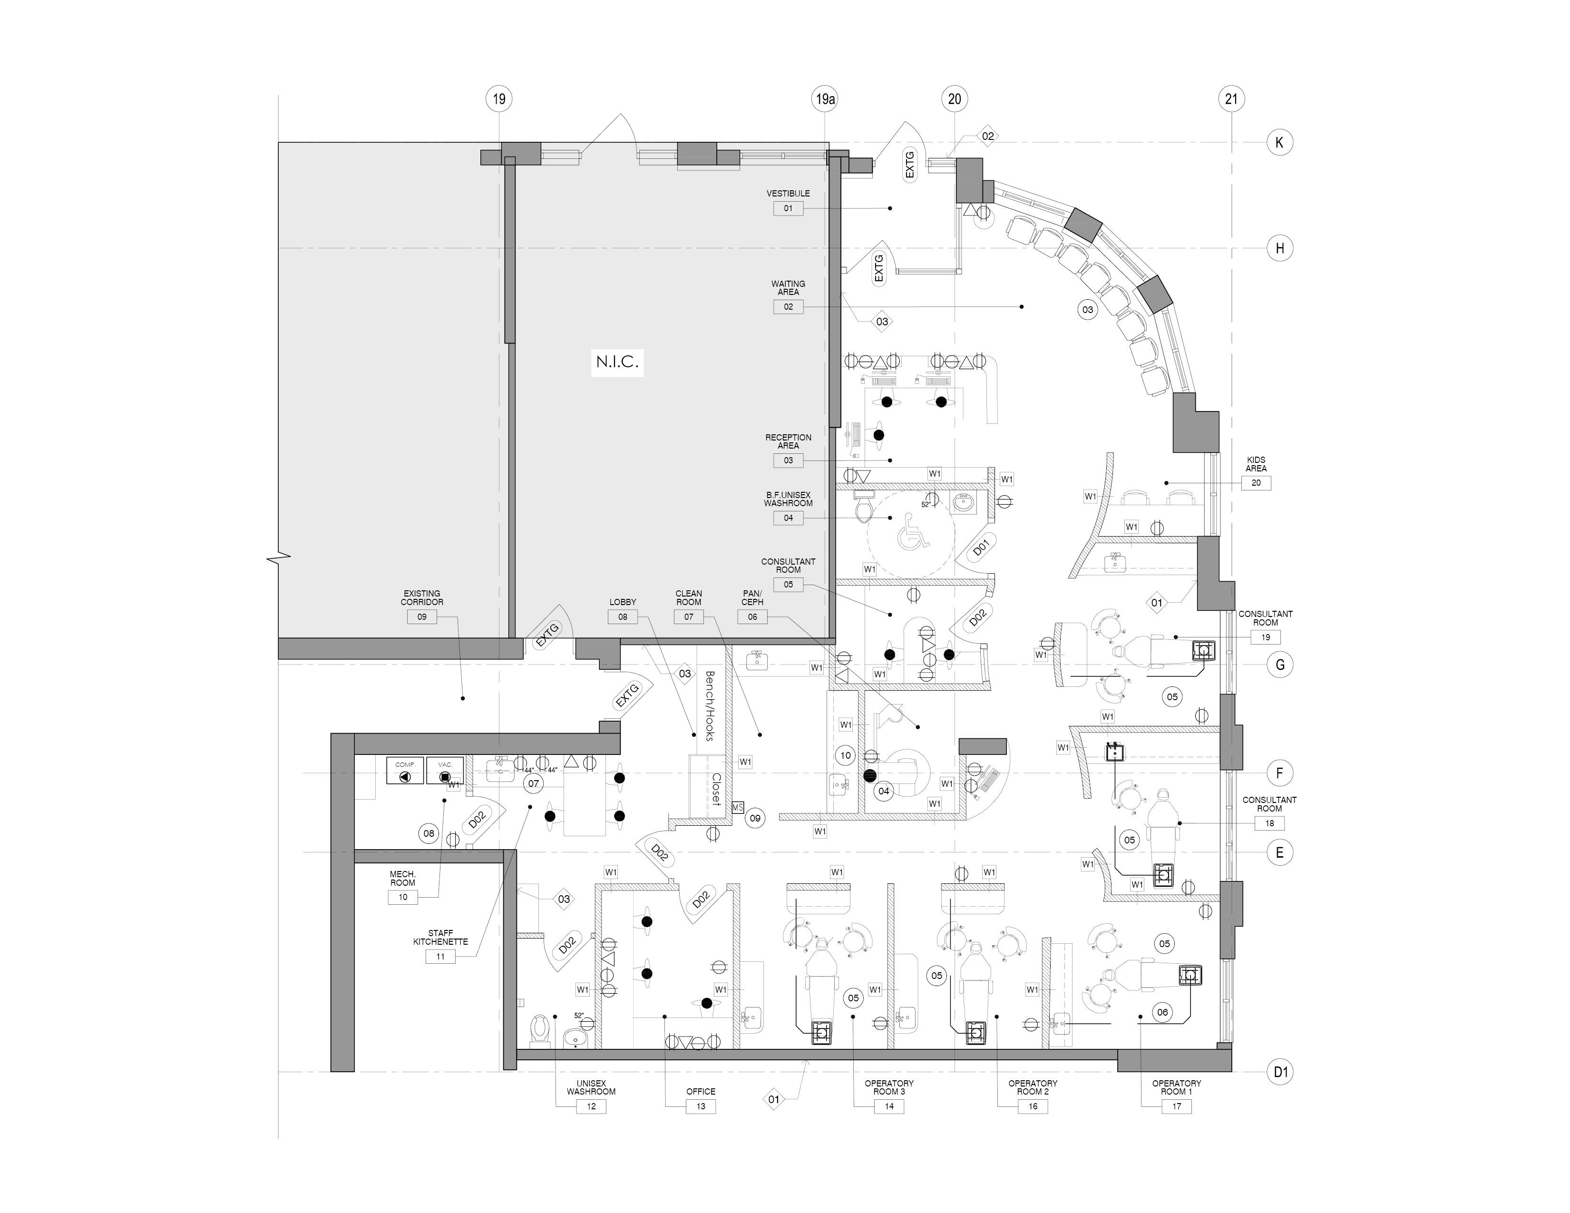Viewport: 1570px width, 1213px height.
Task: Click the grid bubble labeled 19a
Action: (825, 98)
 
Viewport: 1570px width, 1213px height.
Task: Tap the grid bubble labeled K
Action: (1279, 142)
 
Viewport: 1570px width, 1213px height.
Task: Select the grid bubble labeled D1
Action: (1280, 1072)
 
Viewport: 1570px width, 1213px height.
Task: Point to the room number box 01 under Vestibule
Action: (788, 208)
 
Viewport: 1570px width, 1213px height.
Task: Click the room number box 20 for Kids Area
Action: (1256, 482)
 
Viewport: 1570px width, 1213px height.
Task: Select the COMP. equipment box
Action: (405, 771)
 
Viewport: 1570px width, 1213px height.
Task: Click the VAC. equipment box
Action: (445, 771)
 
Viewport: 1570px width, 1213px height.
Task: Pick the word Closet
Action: (716, 790)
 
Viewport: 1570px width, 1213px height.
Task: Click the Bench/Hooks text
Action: (710, 706)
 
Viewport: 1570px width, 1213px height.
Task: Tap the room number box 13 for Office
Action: (700, 1106)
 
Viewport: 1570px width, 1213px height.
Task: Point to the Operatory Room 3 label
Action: (889, 1087)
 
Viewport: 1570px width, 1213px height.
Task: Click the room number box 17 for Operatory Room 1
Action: (1176, 1106)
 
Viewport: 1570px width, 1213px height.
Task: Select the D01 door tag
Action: (981, 548)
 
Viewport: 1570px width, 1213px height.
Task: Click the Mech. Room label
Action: (402, 878)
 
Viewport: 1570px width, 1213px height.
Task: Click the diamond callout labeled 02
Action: (988, 136)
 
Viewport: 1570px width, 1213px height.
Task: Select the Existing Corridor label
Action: (422, 597)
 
